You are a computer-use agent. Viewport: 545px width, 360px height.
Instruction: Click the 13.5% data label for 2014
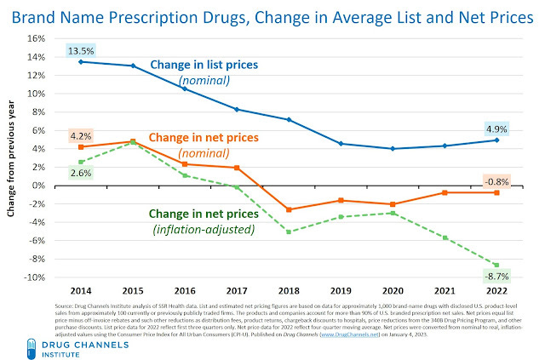80,52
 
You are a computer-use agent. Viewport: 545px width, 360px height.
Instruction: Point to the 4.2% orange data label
80,134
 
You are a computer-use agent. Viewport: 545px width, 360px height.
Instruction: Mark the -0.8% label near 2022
497,180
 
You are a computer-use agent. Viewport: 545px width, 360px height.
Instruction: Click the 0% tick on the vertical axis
37,186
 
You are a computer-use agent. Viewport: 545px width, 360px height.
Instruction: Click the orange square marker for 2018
289,209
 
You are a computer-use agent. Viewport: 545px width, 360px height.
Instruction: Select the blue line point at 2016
184,89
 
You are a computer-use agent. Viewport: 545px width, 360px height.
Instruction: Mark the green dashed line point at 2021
445,237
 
